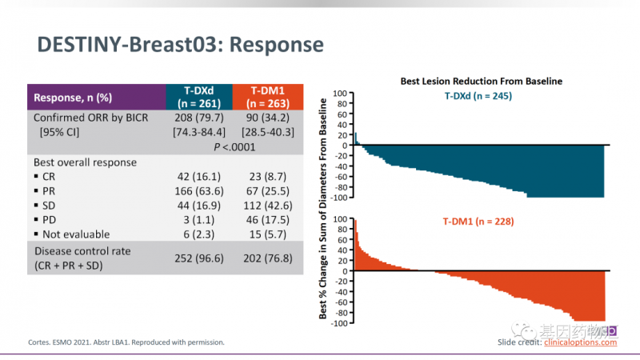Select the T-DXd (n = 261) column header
(198, 97)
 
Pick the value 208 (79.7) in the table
(198, 118)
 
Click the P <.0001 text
(233, 147)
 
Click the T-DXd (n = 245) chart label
(478, 96)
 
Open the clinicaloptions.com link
(580, 342)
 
